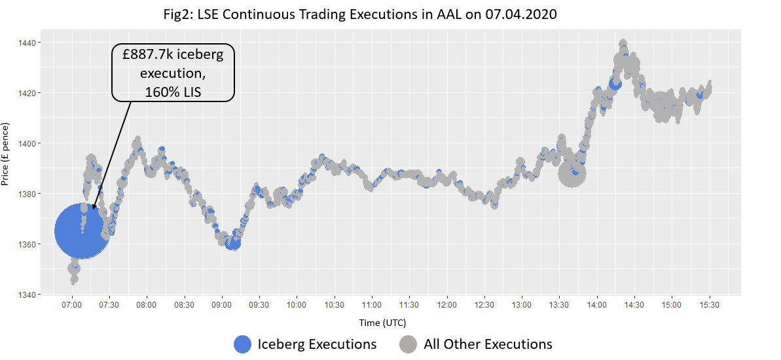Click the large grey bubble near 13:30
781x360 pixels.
point(572,174)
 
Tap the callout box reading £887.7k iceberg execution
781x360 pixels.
point(173,73)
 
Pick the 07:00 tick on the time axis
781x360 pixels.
point(71,305)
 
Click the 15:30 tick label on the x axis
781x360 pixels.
point(710,305)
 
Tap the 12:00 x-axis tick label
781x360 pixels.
point(447,305)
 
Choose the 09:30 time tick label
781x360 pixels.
point(259,305)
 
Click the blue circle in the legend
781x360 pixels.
point(242,344)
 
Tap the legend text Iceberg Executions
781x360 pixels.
point(317,344)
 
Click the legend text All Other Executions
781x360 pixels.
point(488,344)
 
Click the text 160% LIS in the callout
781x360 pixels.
point(173,92)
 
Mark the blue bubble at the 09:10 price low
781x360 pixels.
point(233,243)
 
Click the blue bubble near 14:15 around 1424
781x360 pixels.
point(615,84)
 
